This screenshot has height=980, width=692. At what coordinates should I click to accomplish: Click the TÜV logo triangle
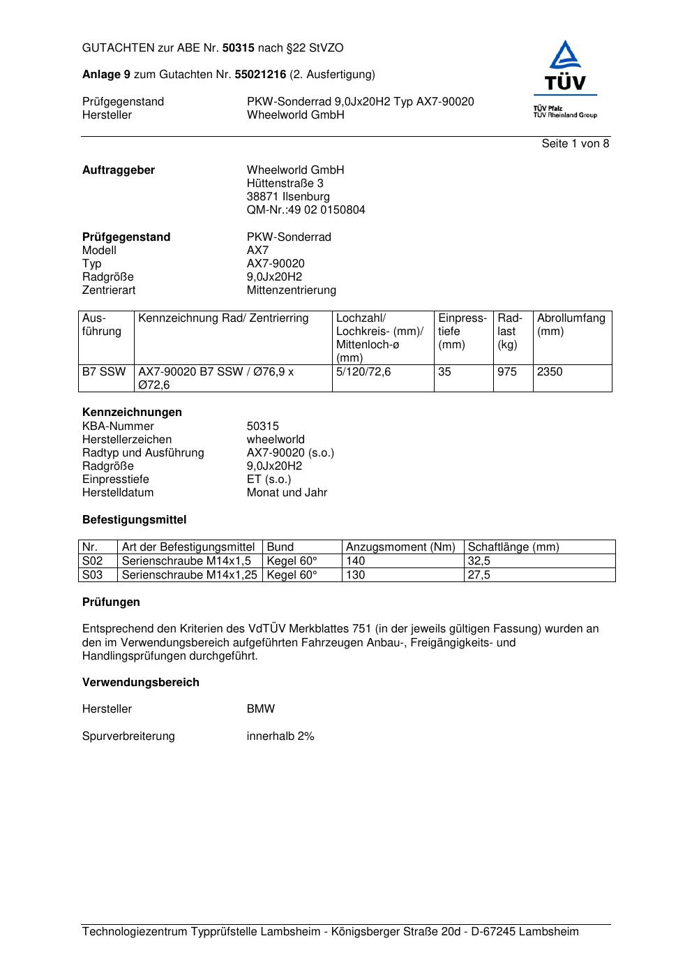[x=564, y=57]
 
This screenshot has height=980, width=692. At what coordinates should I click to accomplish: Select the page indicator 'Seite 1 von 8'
[x=575, y=144]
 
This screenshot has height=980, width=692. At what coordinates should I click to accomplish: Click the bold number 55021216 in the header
[x=260, y=75]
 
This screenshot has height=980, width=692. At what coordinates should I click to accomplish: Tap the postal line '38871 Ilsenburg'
[x=288, y=197]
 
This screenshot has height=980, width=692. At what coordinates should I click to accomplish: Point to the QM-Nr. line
[x=306, y=210]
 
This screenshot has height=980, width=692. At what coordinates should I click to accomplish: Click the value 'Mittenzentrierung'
[x=291, y=290]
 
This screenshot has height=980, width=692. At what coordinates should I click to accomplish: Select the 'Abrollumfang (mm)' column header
[x=571, y=325]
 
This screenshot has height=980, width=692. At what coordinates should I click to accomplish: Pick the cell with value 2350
[x=550, y=372]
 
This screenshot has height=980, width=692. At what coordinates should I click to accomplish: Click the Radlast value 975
[x=507, y=372]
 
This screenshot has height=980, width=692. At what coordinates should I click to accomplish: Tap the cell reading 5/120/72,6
[x=363, y=372]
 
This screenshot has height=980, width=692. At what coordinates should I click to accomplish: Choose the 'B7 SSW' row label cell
[x=104, y=372]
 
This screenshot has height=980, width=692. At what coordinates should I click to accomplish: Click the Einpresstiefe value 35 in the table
[x=444, y=372]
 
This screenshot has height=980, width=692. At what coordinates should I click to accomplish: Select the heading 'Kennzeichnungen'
[x=132, y=413]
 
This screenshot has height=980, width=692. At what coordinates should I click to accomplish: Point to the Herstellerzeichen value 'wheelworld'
[x=276, y=440]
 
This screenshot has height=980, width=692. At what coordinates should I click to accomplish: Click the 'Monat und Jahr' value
[x=287, y=493]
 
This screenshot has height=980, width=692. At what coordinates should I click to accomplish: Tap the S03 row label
[x=92, y=575]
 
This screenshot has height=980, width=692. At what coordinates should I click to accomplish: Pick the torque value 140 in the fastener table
[x=355, y=561]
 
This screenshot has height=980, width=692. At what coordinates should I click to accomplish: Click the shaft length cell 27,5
[x=479, y=575]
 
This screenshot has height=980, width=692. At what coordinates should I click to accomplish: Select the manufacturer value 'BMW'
[x=261, y=709]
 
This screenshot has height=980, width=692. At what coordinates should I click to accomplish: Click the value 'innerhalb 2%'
[x=280, y=736]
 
